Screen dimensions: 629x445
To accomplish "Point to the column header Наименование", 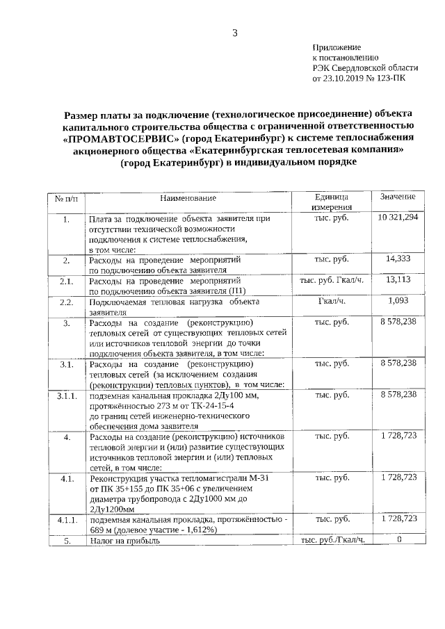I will pyautogui.click(x=188, y=198).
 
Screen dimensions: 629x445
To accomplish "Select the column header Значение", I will pyautogui.click(x=398, y=197).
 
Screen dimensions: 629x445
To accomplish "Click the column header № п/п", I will pyautogui.click(x=66, y=198).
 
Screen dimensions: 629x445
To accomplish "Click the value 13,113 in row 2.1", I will pyautogui.click(x=398, y=280).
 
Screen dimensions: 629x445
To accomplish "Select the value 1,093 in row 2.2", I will pyautogui.click(x=398, y=301).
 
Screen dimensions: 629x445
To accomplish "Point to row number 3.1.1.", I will pyautogui.click(x=66, y=395).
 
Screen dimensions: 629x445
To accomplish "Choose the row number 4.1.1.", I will pyautogui.click(x=66, y=519).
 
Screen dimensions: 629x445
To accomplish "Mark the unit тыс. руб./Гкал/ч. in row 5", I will pyautogui.click(x=332, y=539).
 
